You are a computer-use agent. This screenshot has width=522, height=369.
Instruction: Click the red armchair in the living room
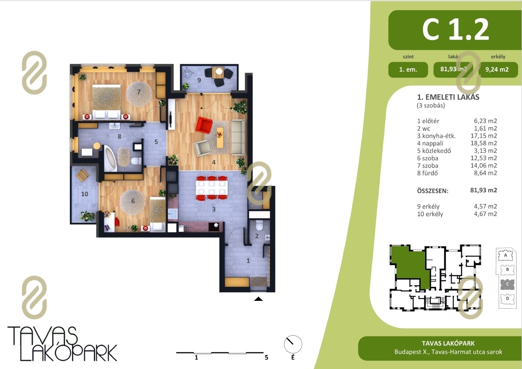pos(204,125)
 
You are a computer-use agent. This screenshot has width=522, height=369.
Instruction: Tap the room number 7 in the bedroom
pos(139,92)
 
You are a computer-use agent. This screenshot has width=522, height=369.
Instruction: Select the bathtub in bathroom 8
pos(110,158)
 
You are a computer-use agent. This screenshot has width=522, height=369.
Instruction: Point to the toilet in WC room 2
pos(259,225)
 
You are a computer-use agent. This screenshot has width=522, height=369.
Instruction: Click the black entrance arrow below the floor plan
pos(258,299)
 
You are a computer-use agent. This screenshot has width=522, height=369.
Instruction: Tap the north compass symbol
pos(293,344)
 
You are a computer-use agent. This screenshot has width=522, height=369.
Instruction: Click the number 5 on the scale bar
pos(266,357)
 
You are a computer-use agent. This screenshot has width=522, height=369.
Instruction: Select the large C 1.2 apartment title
pos(456,30)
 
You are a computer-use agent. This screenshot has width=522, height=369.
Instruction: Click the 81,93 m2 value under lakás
pos(453,69)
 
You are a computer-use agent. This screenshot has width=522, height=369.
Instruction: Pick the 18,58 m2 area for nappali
pos(484,143)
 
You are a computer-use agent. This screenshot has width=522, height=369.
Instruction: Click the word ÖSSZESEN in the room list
pos(433,191)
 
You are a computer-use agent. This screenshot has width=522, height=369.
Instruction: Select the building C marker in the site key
pos(507,284)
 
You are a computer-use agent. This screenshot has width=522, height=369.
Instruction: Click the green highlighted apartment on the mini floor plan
pos(410,268)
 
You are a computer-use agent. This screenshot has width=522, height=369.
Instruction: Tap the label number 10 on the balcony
pos(85,194)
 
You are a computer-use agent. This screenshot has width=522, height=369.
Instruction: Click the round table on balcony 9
pos(219,71)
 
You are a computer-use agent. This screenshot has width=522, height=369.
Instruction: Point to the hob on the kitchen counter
pos(214,227)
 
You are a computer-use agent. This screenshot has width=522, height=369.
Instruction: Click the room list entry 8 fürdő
pos(427,173)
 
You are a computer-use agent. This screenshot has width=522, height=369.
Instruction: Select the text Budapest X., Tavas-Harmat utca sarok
pos(448,352)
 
